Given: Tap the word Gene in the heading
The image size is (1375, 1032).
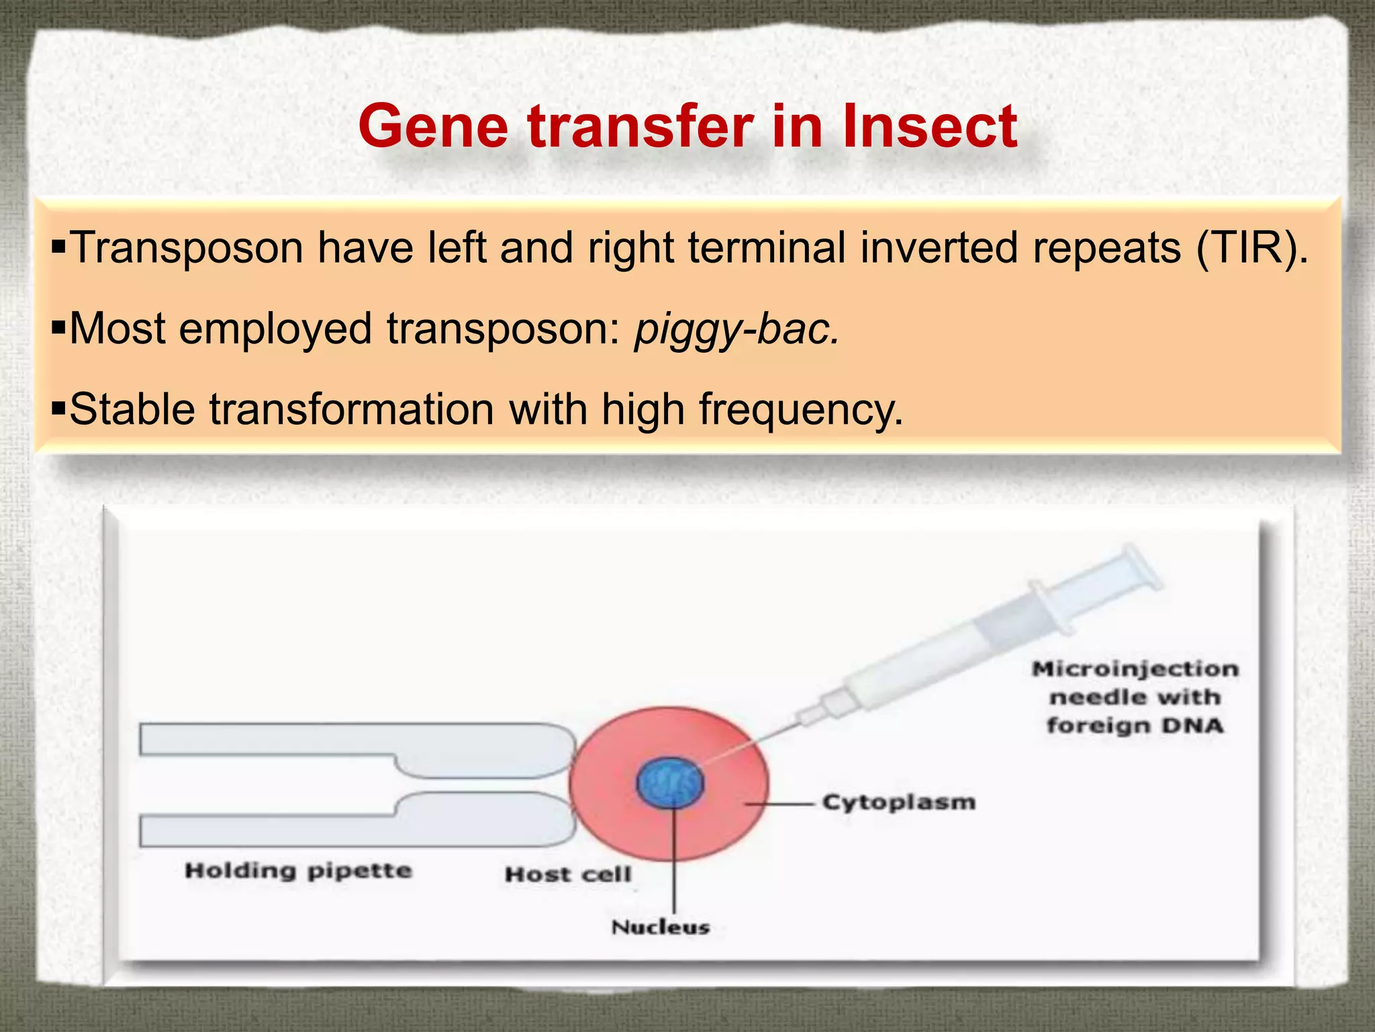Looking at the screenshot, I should pos(434,127).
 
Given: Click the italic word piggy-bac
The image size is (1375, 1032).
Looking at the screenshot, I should pos(737,329).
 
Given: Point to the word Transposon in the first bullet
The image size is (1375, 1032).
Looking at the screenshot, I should pos(186,249).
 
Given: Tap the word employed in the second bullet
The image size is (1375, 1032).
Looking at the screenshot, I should pos(275,329).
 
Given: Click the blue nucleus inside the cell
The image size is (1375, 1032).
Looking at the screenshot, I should pos(670,783).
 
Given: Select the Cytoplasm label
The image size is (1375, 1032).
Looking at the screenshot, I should pos(898,802).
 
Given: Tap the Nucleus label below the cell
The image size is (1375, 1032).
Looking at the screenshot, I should pos(661,928).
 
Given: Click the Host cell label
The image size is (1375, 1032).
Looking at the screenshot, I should pos(568,874).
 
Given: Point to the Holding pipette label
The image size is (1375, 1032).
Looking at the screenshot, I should pos(298,871).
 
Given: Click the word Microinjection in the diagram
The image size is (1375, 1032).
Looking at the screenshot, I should pos(1135,669).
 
